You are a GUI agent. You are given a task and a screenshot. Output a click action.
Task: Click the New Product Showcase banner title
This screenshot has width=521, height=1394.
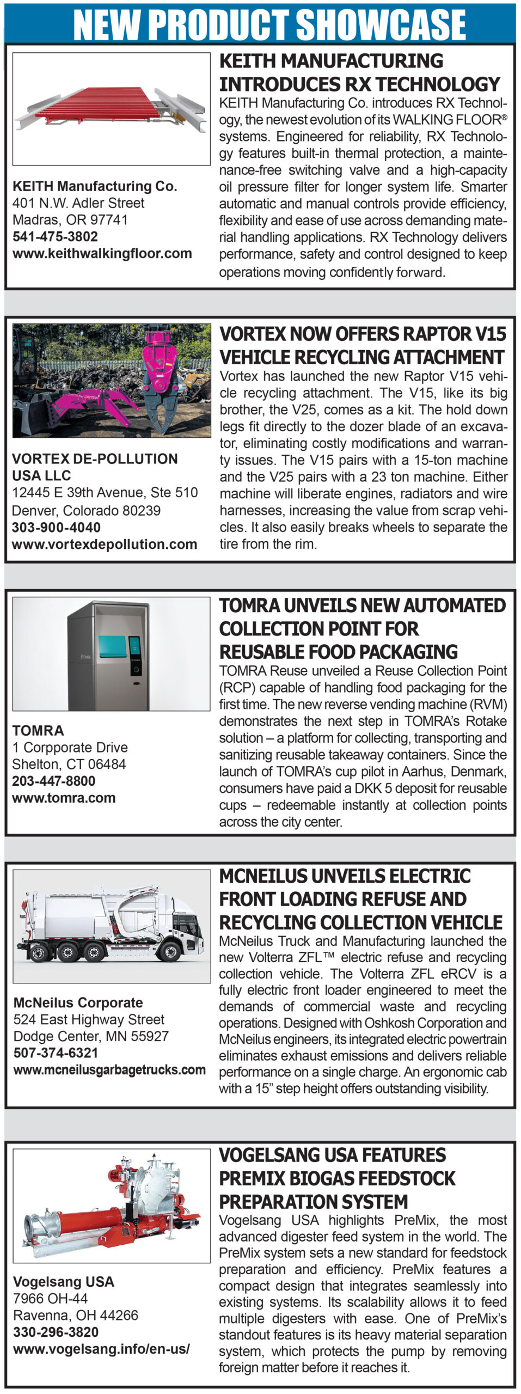click(269, 25)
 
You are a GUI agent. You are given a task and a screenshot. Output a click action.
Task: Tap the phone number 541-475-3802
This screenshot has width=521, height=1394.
click(55, 237)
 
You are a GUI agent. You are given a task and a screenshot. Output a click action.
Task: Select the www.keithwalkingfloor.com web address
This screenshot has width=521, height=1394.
click(102, 254)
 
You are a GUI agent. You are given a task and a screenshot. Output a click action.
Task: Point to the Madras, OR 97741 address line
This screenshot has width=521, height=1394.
click(70, 220)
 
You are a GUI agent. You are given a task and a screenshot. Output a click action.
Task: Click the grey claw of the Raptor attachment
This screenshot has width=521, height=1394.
click(163, 411)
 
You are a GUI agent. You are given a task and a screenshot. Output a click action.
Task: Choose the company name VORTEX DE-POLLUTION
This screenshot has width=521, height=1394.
click(95, 459)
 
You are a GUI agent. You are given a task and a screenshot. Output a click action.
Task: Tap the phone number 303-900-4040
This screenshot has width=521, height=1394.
click(56, 528)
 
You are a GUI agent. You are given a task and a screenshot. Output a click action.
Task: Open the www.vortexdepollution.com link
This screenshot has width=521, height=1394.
click(104, 545)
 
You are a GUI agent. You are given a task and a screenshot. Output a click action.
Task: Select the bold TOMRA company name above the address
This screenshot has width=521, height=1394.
click(38, 731)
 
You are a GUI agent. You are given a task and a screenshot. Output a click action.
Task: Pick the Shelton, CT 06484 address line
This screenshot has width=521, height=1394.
click(69, 765)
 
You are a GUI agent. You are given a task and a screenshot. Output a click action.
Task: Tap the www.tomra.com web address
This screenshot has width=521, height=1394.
click(64, 798)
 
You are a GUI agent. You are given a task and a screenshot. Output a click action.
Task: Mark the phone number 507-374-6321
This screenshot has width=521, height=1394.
click(56, 1053)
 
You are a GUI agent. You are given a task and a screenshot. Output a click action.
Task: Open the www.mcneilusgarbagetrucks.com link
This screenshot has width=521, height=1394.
click(109, 1070)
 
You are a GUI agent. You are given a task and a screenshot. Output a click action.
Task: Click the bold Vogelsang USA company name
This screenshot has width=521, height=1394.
click(63, 1282)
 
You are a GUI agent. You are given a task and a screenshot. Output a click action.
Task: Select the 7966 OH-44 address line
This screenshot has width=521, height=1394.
click(50, 1299)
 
